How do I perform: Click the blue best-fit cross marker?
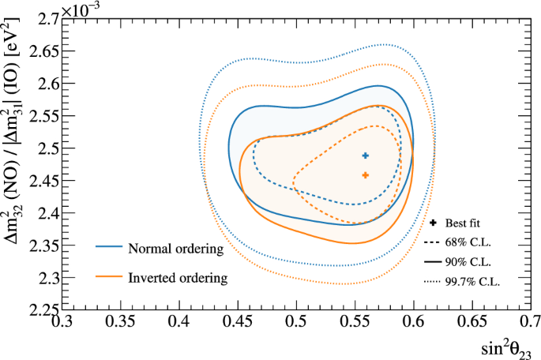tap(366, 156)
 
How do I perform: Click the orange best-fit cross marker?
tap(366, 175)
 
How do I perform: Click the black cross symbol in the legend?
tap(435, 224)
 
